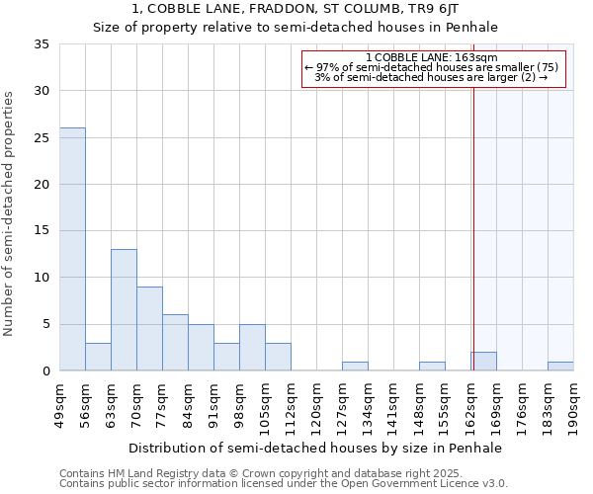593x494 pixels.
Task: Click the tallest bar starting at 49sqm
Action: (x=72, y=249)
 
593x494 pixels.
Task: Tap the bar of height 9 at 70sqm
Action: (x=149, y=329)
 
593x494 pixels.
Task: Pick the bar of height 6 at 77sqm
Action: (x=175, y=343)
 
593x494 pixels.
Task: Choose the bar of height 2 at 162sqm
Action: (x=483, y=362)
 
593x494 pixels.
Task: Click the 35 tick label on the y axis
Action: (x=41, y=44)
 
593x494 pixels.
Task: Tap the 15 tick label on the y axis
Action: (x=41, y=231)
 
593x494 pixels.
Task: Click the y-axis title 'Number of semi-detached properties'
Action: (x=9, y=213)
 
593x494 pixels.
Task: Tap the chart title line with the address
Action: (x=296, y=11)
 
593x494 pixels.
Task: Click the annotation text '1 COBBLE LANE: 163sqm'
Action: (x=431, y=57)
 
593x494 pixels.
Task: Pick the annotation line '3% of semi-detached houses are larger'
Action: (x=431, y=77)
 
